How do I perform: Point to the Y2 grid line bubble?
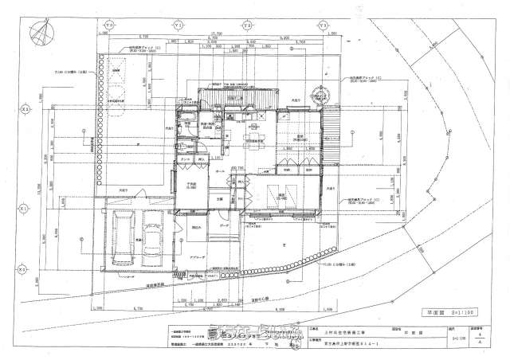[x=248, y=24]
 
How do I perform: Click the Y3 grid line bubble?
[x=324, y=24]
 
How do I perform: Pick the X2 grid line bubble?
[x=25, y=109]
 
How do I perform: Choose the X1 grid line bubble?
[x=25, y=208]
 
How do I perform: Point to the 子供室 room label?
[x=191, y=185]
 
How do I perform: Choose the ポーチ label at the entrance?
[x=226, y=226]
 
